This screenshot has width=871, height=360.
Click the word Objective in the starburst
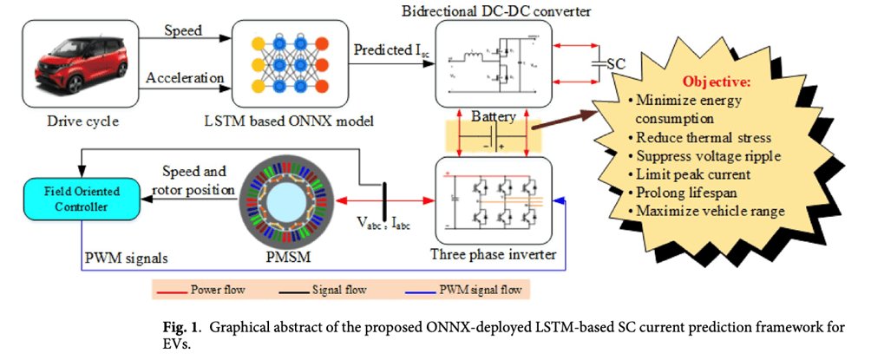point(717,82)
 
